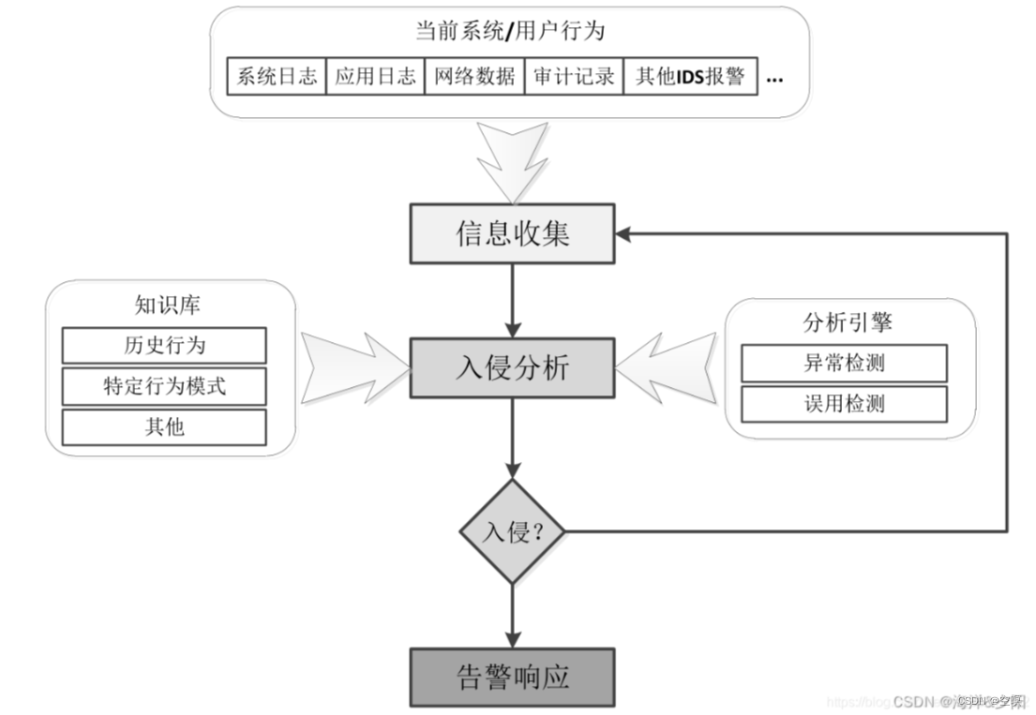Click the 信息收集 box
pos(512,232)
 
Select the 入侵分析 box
pos(512,367)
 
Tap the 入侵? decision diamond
pos(512,532)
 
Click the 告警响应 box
pos(512,677)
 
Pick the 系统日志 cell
pos(277,77)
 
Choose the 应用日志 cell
pos(375,77)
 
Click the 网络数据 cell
pos(474,77)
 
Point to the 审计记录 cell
pos(574,77)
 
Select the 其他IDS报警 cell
pos(689,77)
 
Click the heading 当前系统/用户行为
pos(509,31)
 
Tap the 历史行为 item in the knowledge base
pos(164,345)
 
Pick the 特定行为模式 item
pos(164,386)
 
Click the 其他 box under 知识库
pos(164,427)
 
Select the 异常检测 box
pos(844,363)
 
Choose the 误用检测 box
pos(844,404)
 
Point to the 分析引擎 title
pos(847,323)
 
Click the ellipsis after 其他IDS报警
pos(774,79)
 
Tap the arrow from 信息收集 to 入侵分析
pos(512,300)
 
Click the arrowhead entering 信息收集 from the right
pos(623,232)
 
